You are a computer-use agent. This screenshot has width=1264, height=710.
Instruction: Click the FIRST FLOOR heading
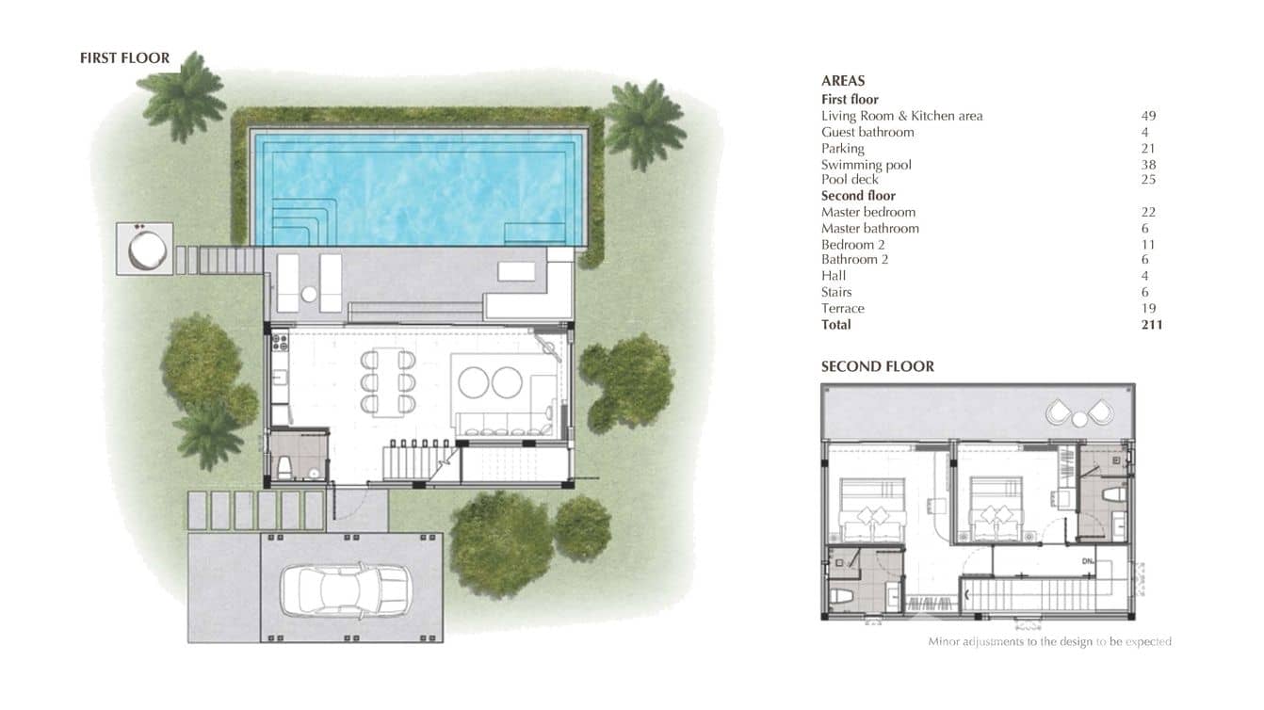pos(124,58)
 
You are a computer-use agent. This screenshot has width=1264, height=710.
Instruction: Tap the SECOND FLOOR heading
pos(877,366)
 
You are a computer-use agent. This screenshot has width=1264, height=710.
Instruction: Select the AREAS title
pos(843,81)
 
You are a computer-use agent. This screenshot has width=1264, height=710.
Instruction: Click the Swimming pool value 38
pos(1147,165)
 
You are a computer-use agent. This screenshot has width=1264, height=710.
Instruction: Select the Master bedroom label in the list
pos(867,213)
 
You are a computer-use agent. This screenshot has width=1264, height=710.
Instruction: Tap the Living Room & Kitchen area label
pos(901,116)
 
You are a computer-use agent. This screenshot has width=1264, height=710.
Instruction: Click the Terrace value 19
pos(1147,309)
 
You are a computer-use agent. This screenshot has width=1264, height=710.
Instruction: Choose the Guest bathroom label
pos(867,133)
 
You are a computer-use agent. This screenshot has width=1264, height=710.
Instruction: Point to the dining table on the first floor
pos(387,382)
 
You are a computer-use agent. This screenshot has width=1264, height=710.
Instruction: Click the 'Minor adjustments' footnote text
pos(1049,642)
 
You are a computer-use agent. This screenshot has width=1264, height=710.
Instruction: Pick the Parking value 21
pos(1147,149)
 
